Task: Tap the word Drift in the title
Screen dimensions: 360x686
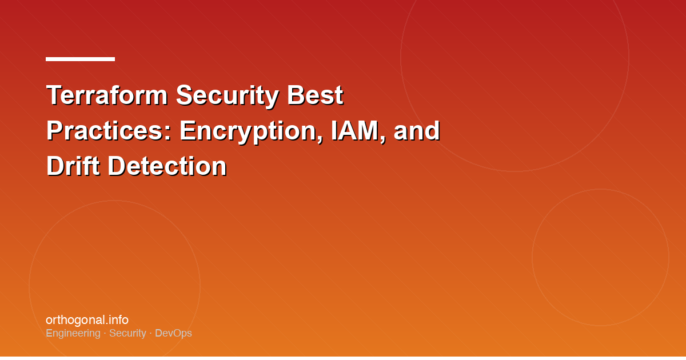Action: click(x=73, y=166)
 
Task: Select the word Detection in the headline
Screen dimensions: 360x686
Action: click(x=167, y=166)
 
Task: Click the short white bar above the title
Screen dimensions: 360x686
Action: click(x=80, y=59)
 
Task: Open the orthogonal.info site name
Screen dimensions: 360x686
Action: click(x=87, y=320)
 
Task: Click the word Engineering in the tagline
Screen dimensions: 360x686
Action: click(x=73, y=333)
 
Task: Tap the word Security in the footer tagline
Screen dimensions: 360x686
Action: click(x=127, y=333)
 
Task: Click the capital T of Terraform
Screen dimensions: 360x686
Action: click(x=54, y=95)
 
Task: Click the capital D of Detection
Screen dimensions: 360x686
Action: click(x=116, y=166)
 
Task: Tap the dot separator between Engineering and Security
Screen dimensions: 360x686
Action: click(x=105, y=333)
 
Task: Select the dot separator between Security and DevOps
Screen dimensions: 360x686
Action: click(x=150, y=333)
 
